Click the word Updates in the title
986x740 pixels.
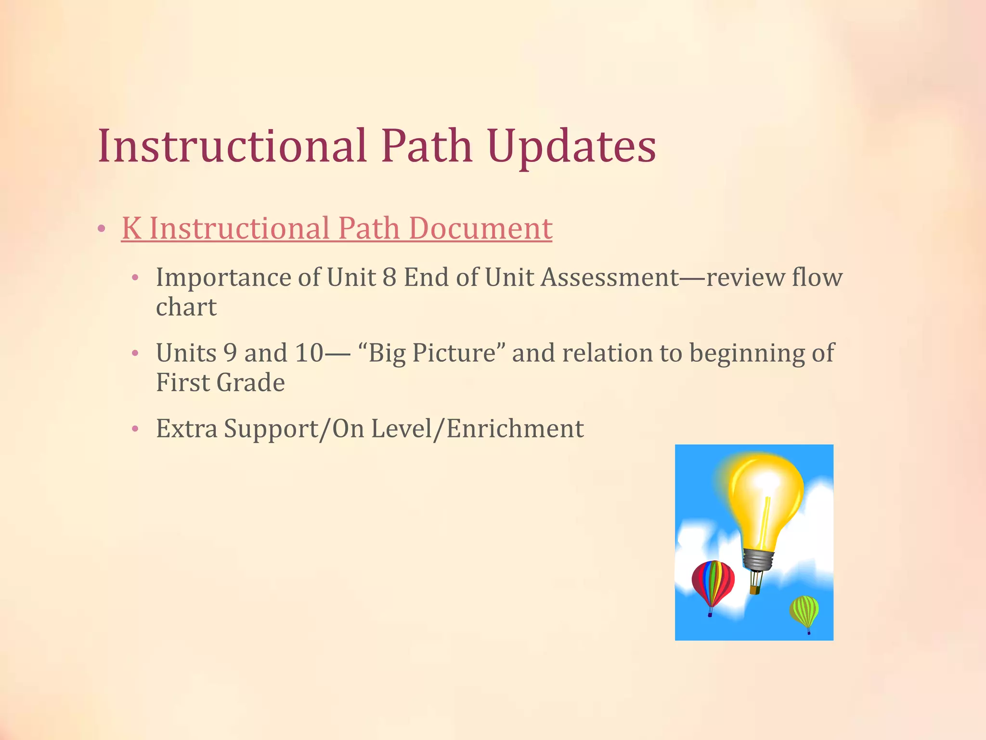[571, 146]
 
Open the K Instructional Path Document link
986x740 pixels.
[337, 228]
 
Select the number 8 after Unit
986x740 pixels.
[389, 277]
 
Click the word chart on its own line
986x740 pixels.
[186, 307]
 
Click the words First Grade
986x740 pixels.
[220, 383]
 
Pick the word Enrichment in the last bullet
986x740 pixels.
[515, 428]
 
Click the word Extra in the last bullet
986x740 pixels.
[186, 428]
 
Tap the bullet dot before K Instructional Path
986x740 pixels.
[101, 229]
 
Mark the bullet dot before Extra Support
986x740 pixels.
[135, 428]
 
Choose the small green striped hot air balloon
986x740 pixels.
[804, 610]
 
